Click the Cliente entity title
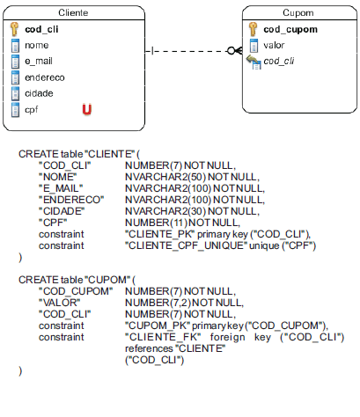point(73,12)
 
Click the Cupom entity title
point(298,12)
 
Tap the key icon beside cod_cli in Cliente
point(14,29)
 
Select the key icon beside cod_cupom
point(253,29)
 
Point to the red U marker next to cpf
point(87,109)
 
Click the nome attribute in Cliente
point(37,45)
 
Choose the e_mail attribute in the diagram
point(39,61)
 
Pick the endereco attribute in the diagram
point(45,77)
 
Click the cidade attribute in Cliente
point(39,93)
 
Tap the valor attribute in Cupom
point(274,45)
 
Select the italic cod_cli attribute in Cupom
point(279,61)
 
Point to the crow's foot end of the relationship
point(235,51)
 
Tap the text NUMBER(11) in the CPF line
point(156,223)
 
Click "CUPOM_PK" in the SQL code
point(158,326)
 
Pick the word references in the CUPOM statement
point(149,348)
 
